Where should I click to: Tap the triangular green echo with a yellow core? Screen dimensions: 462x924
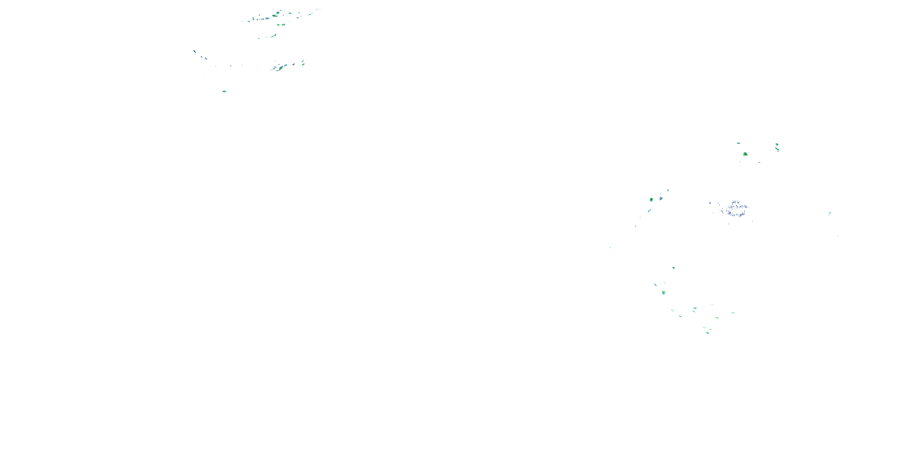click(745, 154)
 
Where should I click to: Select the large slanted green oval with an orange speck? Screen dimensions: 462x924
click(275, 15)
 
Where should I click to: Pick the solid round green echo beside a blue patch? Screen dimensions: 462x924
click(651, 200)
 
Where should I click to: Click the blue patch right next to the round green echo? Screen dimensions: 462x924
click(661, 197)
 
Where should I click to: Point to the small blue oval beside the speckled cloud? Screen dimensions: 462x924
click(710, 203)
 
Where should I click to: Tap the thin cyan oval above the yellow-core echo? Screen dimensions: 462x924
click(738, 143)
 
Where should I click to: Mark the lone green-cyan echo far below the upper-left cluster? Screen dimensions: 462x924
click(224, 91)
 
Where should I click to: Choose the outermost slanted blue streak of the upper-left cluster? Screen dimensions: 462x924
click(195, 52)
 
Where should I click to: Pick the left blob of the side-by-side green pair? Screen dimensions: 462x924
click(278, 25)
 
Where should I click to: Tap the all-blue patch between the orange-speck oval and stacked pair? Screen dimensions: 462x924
click(294, 65)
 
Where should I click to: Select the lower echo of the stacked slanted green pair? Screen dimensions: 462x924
click(303, 65)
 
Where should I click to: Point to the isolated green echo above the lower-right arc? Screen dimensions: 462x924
click(673, 268)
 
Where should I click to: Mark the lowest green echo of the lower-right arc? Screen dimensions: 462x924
click(707, 333)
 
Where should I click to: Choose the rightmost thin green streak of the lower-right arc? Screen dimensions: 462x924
click(733, 313)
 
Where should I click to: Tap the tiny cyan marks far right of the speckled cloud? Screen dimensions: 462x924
click(830, 214)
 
